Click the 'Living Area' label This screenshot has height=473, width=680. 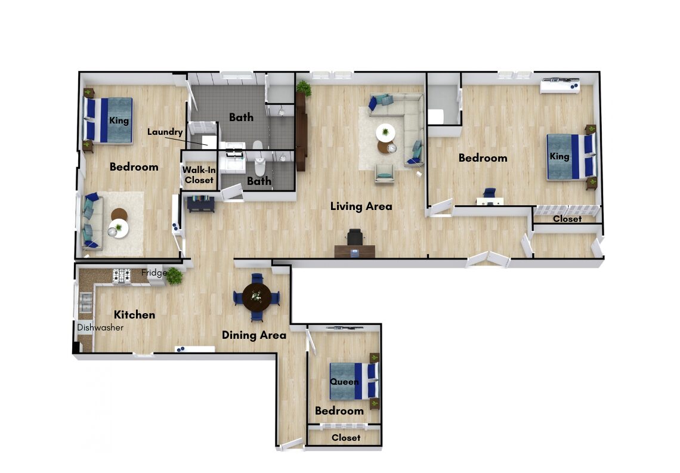tap(361, 206)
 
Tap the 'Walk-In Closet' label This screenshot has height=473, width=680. tap(199, 175)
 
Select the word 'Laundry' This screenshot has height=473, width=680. tap(165, 132)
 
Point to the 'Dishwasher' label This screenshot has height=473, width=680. tap(100, 328)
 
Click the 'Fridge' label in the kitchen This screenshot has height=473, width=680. tap(154, 273)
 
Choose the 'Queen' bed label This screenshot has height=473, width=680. tap(344, 382)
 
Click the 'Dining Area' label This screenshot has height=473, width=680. tap(254, 335)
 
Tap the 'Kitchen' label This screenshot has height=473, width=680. tap(134, 315)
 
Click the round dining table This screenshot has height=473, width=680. tap(256, 298)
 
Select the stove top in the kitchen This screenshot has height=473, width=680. tap(122, 276)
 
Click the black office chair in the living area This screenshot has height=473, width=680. tap(355, 237)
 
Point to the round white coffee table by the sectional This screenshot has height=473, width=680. tap(385, 132)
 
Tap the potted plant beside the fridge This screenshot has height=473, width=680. tap(174, 276)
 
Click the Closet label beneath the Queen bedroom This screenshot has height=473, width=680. tap(345, 438)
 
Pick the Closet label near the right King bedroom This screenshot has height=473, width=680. tap(567, 219)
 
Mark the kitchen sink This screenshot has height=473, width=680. tap(86, 302)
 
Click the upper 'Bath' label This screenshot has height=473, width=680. tap(241, 117)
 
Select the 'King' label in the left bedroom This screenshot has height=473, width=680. tap(119, 120)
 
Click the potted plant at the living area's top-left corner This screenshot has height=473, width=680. tap(304, 88)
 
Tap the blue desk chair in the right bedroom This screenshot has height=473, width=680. tap(490, 193)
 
